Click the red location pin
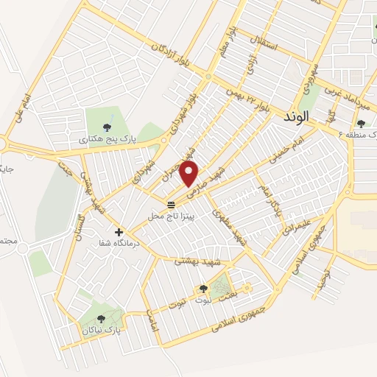190,174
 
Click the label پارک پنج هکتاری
102,137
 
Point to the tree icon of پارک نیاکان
100,318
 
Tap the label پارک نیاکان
101,331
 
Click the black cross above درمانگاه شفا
119,232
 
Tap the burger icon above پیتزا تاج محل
171,204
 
